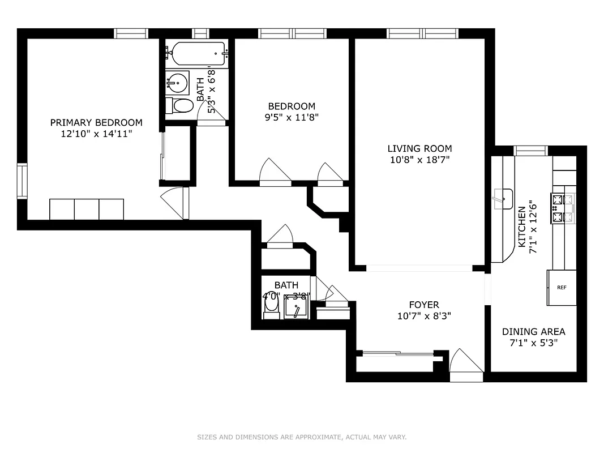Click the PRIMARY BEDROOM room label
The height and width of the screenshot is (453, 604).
(96, 122)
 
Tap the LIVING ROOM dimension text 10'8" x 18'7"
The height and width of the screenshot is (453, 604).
(419, 160)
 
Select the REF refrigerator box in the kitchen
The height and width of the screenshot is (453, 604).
(562, 288)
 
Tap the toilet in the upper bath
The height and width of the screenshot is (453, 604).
(181, 105)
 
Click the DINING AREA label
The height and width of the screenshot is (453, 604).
(533, 332)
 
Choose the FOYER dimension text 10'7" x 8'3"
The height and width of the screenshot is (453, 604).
(424, 316)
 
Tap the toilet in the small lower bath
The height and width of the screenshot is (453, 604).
(272, 306)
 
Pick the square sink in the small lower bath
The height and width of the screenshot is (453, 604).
(295, 307)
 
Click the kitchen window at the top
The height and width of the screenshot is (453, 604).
(530, 150)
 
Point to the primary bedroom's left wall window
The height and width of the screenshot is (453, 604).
(22, 181)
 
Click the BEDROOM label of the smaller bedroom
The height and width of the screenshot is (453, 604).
(292, 106)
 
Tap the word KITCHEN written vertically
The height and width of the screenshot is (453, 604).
(521, 226)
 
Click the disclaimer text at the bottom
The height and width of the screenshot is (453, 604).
(302, 437)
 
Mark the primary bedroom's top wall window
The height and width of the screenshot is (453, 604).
(131, 33)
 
